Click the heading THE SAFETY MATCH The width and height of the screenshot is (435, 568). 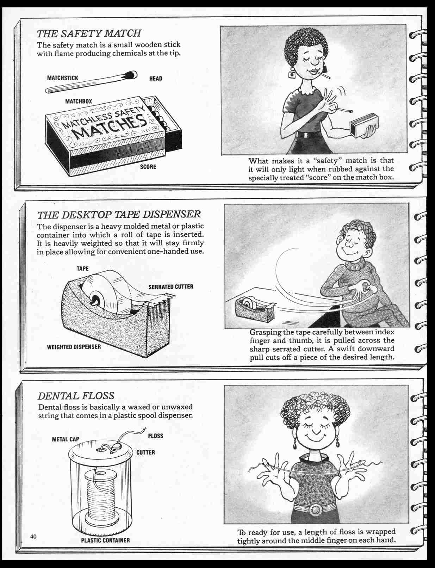click(x=89, y=33)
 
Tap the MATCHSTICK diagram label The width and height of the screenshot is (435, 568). click(x=62, y=78)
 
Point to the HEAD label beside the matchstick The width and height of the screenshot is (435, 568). click(x=156, y=78)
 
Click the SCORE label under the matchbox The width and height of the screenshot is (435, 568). click(x=148, y=167)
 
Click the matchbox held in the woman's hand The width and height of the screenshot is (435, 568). click(x=365, y=124)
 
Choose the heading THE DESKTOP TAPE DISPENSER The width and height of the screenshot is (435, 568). click(x=119, y=214)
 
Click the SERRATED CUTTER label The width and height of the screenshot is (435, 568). click(x=171, y=286)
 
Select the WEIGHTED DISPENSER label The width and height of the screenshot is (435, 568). click(x=74, y=347)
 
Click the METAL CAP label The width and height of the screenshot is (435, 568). click(x=66, y=439)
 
